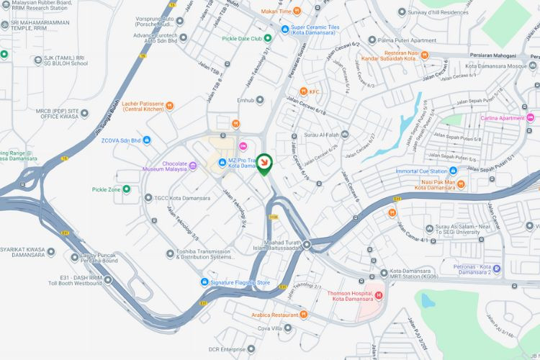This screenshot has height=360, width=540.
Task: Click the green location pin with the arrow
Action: (266, 164)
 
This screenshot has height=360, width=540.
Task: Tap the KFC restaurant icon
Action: (304, 91)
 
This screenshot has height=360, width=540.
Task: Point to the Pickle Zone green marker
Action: (126, 189)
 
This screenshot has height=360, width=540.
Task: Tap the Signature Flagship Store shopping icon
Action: (205, 282)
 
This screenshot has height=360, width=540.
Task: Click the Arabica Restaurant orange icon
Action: (304, 315)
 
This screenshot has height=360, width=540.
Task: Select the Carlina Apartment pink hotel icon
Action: (530, 117)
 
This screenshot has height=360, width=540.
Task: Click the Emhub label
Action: (246, 100)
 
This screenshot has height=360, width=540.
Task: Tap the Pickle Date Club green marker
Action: (267, 38)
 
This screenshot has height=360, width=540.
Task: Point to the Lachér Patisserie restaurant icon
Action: (169, 106)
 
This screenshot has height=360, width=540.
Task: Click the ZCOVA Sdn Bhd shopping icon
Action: (147, 140)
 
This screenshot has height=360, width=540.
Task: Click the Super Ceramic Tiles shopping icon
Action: (285, 30)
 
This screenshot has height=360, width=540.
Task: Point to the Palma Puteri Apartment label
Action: (408, 40)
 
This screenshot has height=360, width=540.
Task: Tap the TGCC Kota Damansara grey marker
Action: (148, 198)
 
